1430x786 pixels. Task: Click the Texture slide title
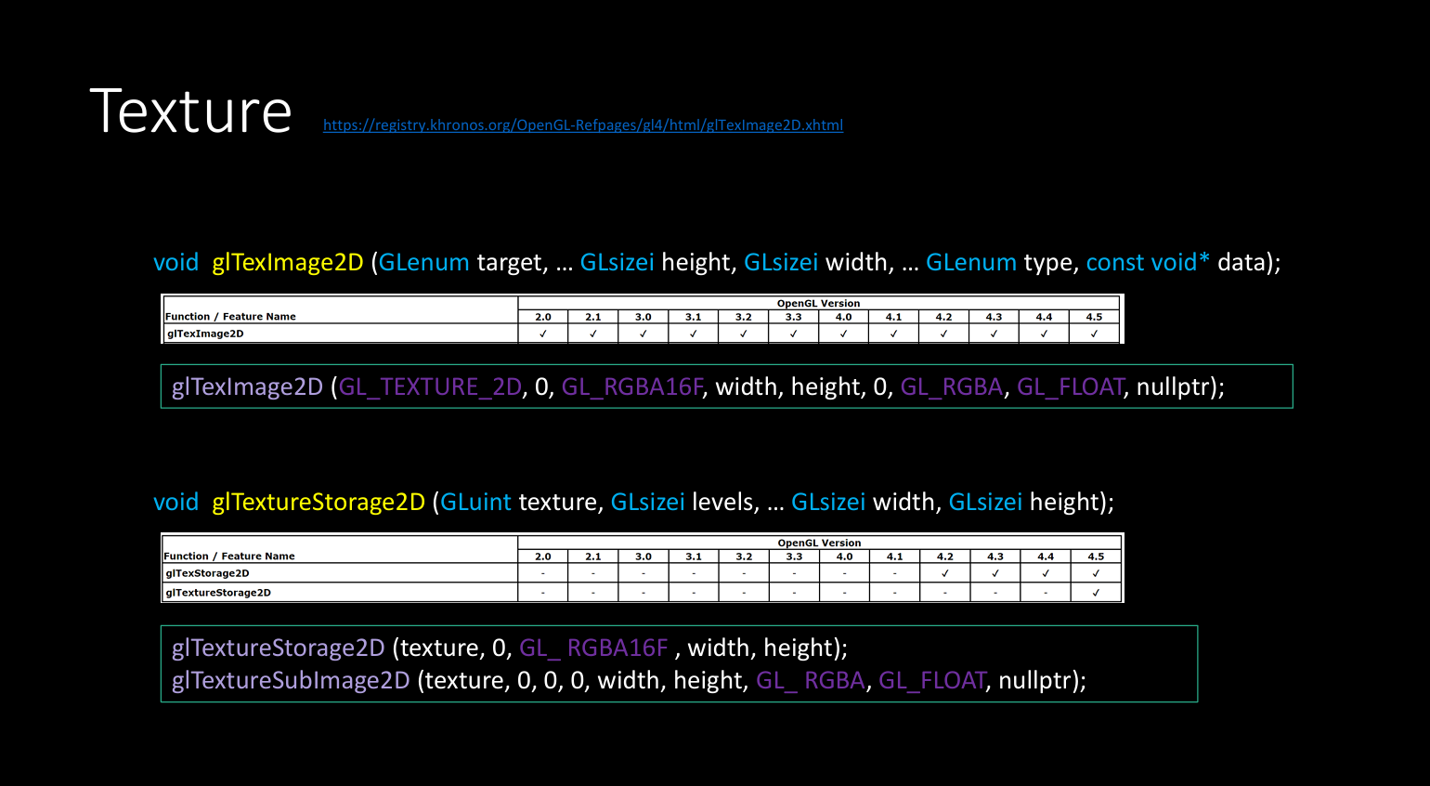click(x=191, y=111)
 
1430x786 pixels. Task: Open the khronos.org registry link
click(x=583, y=125)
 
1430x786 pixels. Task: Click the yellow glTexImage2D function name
click(x=287, y=262)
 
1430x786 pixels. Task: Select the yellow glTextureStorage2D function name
click(x=318, y=502)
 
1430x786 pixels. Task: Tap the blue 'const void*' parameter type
click(x=1148, y=262)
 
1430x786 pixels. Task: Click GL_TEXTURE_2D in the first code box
click(x=430, y=386)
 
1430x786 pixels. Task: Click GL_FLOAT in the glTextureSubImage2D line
click(x=932, y=681)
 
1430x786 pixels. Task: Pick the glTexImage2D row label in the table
click(x=205, y=334)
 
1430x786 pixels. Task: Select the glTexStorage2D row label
click(x=207, y=573)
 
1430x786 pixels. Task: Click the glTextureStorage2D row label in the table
click(x=217, y=593)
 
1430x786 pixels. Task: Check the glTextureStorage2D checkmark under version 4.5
click(x=1096, y=593)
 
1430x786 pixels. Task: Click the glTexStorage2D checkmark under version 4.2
click(x=945, y=573)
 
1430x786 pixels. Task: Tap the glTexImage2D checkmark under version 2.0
click(x=542, y=334)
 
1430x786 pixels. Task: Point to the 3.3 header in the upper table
click(x=793, y=317)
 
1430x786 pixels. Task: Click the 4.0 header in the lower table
click(x=844, y=557)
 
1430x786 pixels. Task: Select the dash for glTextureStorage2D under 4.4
click(x=1045, y=593)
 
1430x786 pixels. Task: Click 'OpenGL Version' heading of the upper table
click(x=818, y=303)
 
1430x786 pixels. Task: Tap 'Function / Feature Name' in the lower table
click(x=229, y=557)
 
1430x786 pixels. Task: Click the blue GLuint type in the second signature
click(x=475, y=502)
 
